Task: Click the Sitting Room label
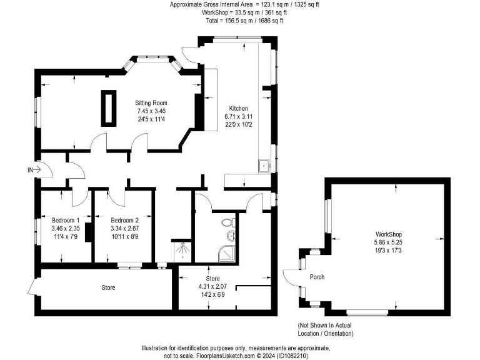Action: pyautogui.click(x=151, y=103)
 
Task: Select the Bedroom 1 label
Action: pyautogui.click(x=65, y=221)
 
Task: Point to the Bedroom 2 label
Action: pyautogui.click(x=124, y=221)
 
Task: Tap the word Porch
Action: pyautogui.click(x=317, y=277)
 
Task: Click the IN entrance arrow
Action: pyautogui.click(x=34, y=169)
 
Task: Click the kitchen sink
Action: pyautogui.click(x=264, y=166)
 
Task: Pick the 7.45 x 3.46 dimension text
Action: pyautogui.click(x=151, y=111)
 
